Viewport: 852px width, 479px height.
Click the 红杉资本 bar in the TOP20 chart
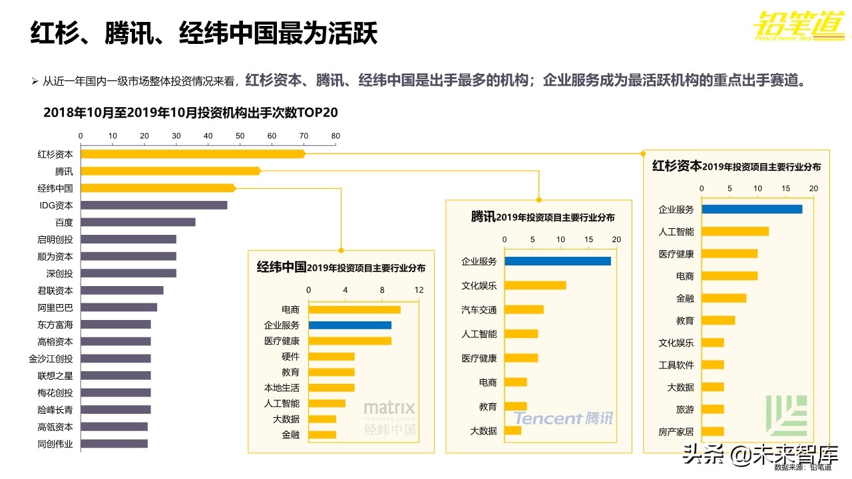pos(193,154)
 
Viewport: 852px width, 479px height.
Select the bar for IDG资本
pos(154,205)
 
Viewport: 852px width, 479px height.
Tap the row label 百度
pos(64,222)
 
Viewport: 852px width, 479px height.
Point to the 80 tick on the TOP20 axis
pos(335,136)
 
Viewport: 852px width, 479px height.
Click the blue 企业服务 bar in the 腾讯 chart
pos(558,261)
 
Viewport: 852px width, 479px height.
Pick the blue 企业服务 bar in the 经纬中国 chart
pos(349,325)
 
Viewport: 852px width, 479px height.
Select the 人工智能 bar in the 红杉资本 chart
pos(735,232)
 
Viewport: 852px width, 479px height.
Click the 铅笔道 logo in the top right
pos(799,27)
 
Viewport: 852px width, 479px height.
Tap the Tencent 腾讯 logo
pos(563,418)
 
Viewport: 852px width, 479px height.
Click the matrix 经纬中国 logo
pos(389,418)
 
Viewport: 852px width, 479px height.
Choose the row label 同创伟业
pos(55,444)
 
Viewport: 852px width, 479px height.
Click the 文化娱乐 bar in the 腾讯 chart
pos(535,285)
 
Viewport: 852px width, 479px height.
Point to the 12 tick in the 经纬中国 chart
pos(419,290)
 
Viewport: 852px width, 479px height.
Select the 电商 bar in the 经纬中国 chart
pos(354,309)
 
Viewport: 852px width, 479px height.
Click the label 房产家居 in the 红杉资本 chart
pos(676,431)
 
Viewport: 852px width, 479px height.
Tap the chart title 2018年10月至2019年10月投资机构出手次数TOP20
pos(191,112)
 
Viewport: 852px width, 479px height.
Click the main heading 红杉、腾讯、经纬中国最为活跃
pos(204,34)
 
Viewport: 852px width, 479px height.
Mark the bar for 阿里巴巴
pos(119,307)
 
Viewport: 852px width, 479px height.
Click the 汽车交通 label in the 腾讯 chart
pos(479,309)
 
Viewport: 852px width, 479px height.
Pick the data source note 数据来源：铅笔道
pos(803,467)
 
